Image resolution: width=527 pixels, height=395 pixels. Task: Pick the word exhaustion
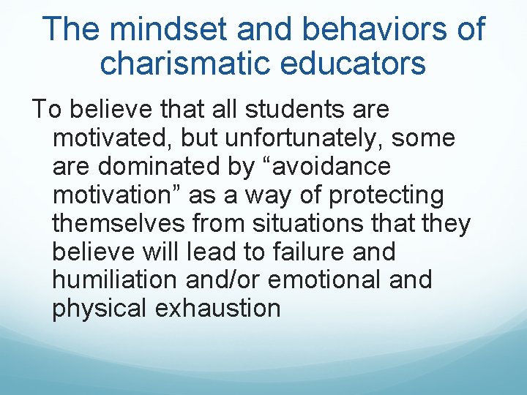click(x=217, y=308)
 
